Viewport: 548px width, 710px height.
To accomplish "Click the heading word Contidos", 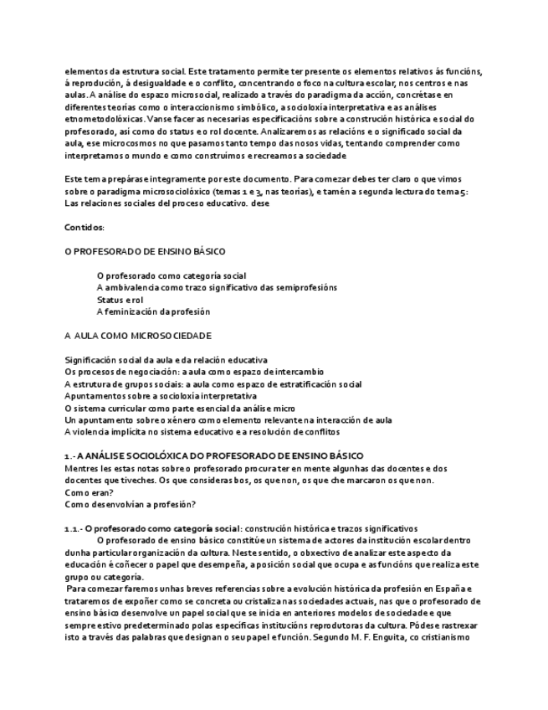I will click(x=85, y=227).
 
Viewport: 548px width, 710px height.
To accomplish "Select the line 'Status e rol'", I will click(x=120, y=299).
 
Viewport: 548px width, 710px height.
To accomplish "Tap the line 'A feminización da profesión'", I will click(x=153, y=311).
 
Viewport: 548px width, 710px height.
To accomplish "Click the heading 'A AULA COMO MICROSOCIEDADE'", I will click(x=138, y=335).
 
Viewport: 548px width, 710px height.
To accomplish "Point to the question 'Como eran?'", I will click(x=88, y=492).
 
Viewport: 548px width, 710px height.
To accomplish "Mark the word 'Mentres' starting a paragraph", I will click(x=80, y=468).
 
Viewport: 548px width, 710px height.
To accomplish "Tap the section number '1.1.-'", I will click(x=74, y=528).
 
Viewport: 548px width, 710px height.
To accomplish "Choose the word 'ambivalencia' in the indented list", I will click(x=138, y=287).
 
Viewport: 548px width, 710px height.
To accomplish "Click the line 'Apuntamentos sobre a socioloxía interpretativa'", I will click(x=161, y=395).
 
